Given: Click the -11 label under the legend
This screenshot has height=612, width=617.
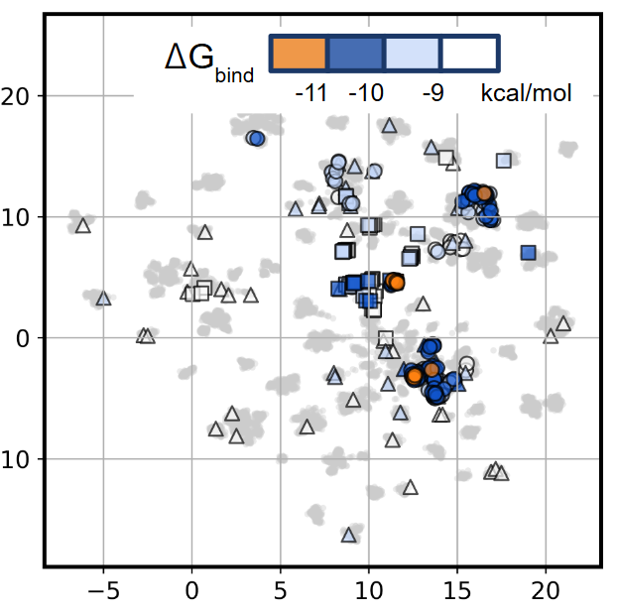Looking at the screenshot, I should [x=311, y=95].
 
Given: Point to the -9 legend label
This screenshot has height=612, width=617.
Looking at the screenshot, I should [x=432, y=95].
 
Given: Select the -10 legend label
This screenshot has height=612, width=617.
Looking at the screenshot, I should [x=366, y=95].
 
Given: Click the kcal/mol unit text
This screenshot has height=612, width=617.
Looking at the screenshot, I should [x=527, y=95].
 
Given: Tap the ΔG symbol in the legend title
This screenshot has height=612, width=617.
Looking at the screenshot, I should [x=188, y=58].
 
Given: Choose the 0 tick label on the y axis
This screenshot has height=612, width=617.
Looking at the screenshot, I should [x=26, y=338].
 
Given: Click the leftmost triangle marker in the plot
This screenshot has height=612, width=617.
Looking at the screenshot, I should [x=83, y=225].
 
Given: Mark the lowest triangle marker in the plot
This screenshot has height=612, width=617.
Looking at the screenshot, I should [x=349, y=535].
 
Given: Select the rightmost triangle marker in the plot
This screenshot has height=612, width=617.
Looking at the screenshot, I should [x=563, y=323].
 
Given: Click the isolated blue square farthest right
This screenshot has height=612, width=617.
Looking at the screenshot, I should [x=529, y=253].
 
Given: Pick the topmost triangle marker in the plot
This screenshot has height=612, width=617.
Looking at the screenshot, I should [x=390, y=126].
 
